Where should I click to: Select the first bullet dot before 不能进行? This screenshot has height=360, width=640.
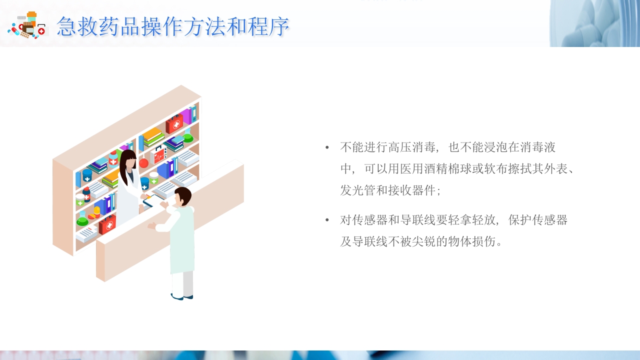click(327, 147)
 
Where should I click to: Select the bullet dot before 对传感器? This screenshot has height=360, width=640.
click(327, 220)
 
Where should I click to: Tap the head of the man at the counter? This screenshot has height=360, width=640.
click(182, 196)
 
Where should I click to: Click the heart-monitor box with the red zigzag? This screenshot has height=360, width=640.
click(159, 156)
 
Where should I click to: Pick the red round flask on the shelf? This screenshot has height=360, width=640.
click(143, 163)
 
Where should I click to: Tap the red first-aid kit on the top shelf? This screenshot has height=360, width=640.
click(174, 123)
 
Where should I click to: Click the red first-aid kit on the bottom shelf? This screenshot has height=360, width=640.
click(107, 225)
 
